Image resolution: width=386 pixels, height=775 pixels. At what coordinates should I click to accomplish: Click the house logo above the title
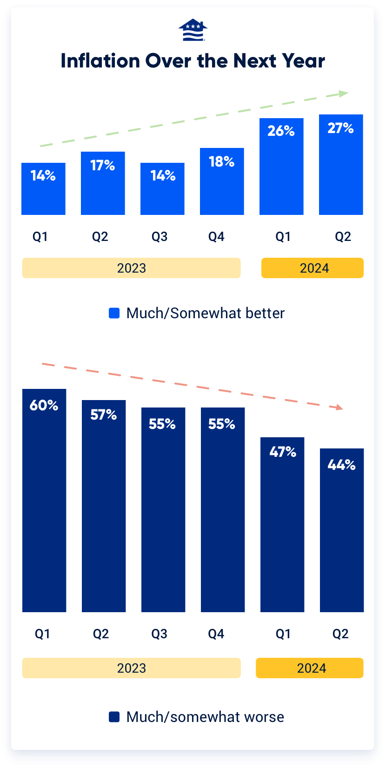point(193,30)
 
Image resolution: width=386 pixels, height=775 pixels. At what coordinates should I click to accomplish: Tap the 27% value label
point(340,128)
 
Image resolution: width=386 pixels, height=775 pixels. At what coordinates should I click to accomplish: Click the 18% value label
point(221,161)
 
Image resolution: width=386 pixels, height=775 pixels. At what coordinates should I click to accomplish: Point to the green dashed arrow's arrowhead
point(344,94)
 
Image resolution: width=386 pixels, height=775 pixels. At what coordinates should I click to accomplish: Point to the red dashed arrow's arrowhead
point(339,407)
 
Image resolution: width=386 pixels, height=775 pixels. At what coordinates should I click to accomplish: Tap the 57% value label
point(103,414)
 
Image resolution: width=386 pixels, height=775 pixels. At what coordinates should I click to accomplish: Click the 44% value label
point(341,465)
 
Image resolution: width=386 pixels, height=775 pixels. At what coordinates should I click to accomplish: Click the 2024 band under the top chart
point(313,268)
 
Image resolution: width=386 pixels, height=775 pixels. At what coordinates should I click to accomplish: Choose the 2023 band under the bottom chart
point(131,668)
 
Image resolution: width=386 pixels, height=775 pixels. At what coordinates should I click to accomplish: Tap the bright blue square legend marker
point(114,313)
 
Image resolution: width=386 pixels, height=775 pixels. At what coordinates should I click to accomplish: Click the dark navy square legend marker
point(114,717)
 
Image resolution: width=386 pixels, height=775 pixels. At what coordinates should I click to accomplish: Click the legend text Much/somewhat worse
point(205,717)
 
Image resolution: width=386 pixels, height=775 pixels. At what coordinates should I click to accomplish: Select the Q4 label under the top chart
point(216,237)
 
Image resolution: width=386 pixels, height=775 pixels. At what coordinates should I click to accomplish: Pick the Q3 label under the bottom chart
point(159,634)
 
